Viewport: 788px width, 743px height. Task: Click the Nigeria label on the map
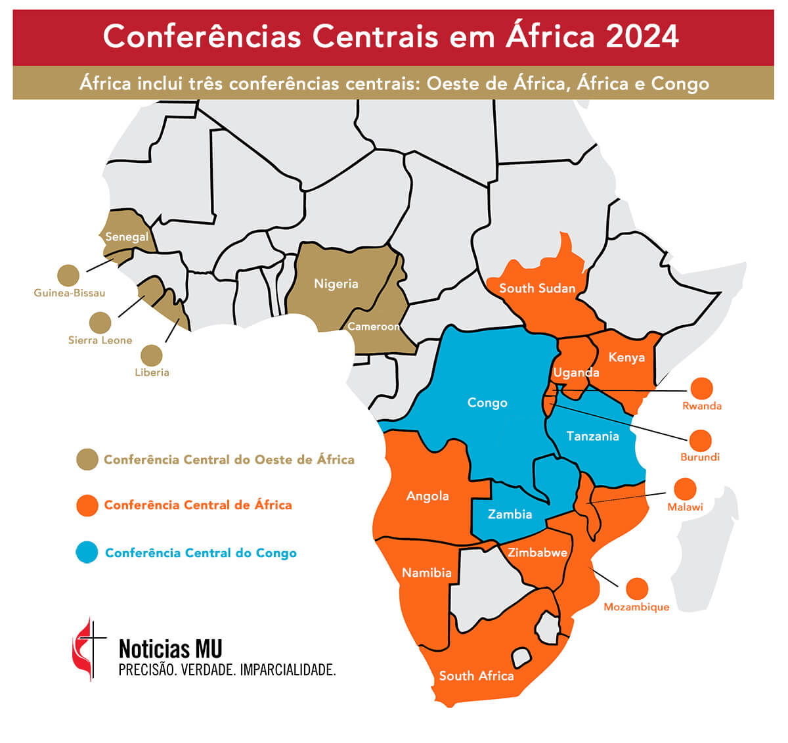pos(336,284)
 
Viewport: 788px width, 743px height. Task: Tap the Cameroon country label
pos(373,326)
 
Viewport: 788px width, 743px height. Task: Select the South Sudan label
pos(536,288)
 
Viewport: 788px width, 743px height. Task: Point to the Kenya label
pos(626,357)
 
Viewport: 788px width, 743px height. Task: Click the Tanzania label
pos(592,436)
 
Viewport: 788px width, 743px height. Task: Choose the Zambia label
pos(510,514)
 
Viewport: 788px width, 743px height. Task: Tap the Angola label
pos(427,496)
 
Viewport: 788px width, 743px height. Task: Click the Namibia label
pos(427,573)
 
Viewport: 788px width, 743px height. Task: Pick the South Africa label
pos(476,676)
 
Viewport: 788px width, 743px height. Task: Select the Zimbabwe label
pos(537,552)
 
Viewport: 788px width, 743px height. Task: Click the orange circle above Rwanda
pos(701,388)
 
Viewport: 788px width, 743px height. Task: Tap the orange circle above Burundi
pos(701,440)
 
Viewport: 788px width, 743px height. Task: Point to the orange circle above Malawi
pos(685,489)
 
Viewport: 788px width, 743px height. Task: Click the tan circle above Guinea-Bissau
pos(68,276)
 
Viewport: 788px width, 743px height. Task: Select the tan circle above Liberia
pos(152,355)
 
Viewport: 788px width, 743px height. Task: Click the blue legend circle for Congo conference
pos(87,552)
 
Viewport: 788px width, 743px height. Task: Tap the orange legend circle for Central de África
pos(87,505)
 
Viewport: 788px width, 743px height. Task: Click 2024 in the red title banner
pos(642,37)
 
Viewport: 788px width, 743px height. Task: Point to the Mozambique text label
pos(636,607)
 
